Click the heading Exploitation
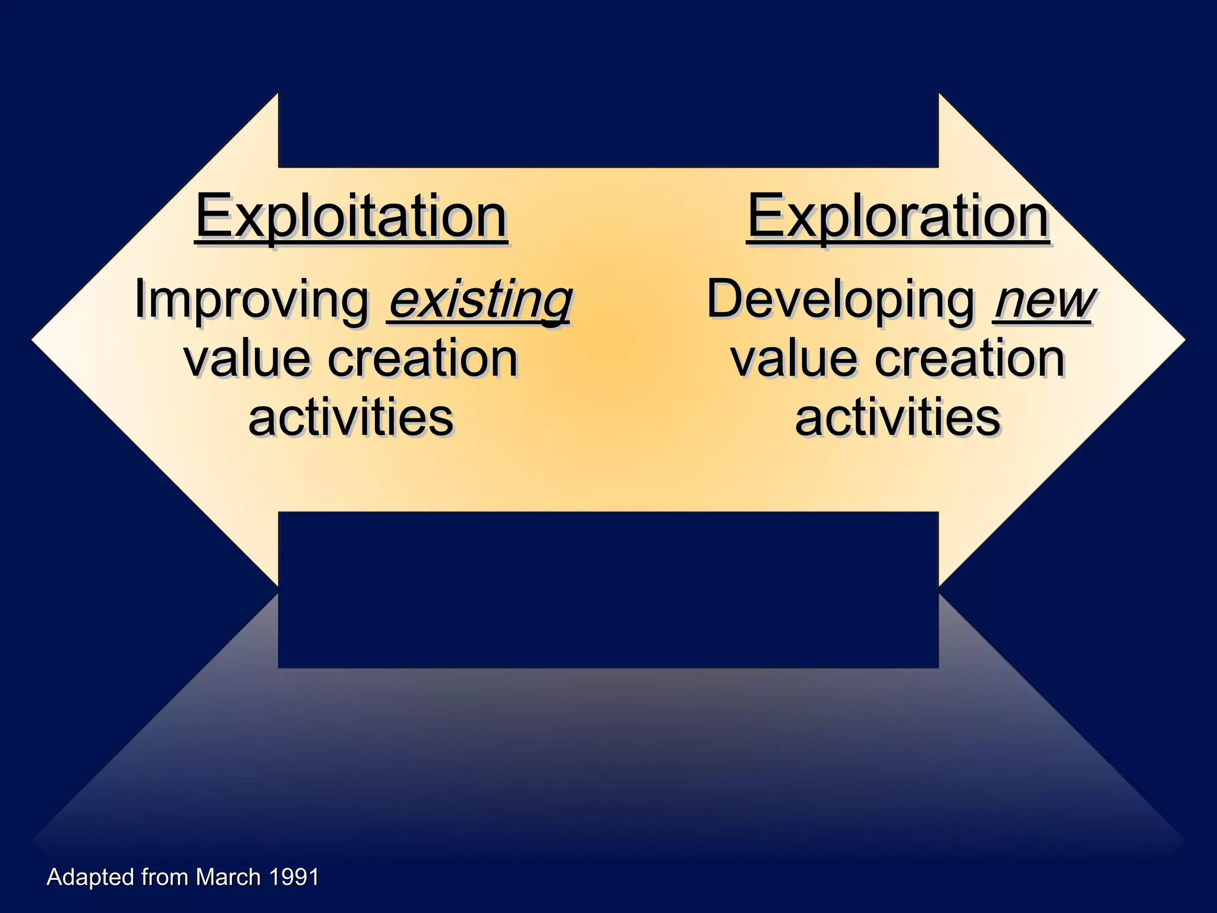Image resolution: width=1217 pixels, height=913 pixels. (351, 217)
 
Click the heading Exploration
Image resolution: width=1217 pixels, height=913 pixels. (897, 217)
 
